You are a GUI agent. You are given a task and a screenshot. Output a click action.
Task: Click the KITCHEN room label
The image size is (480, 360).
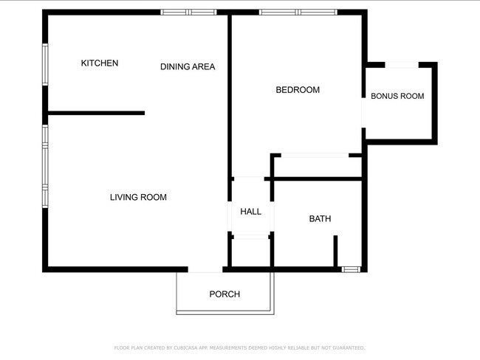click(100, 63)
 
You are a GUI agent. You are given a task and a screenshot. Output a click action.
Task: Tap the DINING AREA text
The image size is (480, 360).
click(188, 66)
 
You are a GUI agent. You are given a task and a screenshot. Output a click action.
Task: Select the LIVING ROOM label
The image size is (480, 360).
click(138, 197)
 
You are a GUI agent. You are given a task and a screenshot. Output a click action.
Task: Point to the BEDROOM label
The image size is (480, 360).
click(298, 90)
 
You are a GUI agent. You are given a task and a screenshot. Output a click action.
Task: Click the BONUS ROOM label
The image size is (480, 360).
click(397, 96)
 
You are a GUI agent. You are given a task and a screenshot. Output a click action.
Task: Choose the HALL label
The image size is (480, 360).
click(251, 212)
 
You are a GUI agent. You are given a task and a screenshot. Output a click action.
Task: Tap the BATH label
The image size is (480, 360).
click(320, 218)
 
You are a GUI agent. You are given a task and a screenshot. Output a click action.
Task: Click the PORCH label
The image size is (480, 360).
click(224, 294)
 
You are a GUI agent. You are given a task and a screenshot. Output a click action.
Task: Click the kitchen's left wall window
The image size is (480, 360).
click(45, 64)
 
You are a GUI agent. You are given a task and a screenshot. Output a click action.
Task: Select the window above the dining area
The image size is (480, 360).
click(188, 13)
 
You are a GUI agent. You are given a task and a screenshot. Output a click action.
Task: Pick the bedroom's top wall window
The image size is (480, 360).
click(298, 13)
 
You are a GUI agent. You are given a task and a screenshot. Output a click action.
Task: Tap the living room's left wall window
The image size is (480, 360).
click(45, 167)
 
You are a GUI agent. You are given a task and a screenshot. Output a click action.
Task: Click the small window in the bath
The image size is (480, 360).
click(351, 269)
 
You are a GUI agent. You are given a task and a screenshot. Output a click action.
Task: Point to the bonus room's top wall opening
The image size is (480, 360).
click(402, 65)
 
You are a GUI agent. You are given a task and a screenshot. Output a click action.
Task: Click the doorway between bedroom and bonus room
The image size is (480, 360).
click(363, 113)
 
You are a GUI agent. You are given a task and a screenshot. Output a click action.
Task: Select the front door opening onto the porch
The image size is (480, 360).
click(205, 269)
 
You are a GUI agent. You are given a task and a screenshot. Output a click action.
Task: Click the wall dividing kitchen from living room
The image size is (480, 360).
click(97, 113)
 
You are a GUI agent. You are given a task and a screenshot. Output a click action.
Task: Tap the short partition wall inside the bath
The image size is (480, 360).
click(335, 251)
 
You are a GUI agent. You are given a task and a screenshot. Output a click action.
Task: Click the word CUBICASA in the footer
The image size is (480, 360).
click(186, 347)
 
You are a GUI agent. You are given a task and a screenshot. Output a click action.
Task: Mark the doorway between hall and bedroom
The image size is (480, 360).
click(249, 179)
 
